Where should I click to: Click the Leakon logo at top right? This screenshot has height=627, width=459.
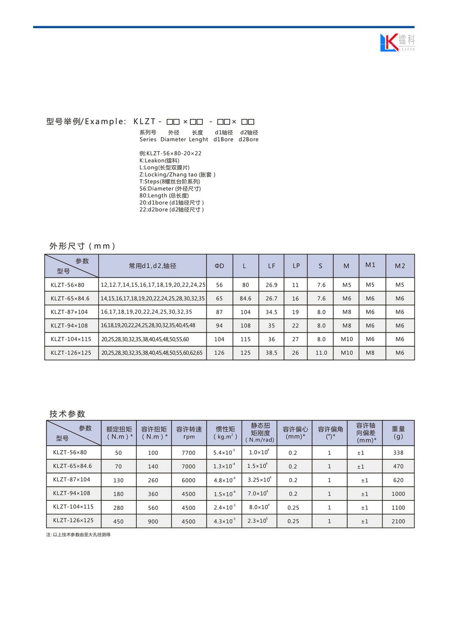pyautogui.click(x=397, y=43)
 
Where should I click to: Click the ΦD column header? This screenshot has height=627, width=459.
pyautogui.click(x=219, y=266)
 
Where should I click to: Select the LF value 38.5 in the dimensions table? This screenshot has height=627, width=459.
pyautogui.click(x=271, y=353)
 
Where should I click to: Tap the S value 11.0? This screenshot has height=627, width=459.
pyautogui.click(x=321, y=353)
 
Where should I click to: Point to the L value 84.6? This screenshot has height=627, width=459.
pyautogui.click(x=245, y=298)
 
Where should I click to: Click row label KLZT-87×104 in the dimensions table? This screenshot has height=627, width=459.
pyautogui.click(x=69, y=312)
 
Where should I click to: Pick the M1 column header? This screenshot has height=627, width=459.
pyautogui.click(x=370, y=265)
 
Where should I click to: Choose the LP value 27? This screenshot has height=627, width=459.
pyautogui.click(x=295, y=339)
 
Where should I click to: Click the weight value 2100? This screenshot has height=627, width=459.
pyautogui.click(x=398, y=521)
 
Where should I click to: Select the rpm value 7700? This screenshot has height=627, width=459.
pyautogui.click(x=188, y=453)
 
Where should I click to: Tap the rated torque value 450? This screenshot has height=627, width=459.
pyautogui.click(x=118, y=521)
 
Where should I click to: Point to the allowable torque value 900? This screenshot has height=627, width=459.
pyautogui.click(x=153, y=521)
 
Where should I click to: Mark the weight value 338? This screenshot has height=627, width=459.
pyautogui.click(x=398, y=453)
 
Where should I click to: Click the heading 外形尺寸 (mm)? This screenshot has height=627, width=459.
pyautogui.click(x=82, y=246)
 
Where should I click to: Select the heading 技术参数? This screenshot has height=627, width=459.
pyautogui.click(x=67, y=414)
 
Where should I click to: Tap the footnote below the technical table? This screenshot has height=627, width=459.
pyautogui.click(x=78, y=535)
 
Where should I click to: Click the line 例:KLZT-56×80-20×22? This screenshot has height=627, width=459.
pyautogui.click(x=170, y=153)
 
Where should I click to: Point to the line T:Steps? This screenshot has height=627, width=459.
pyautogui.click(x=170, y=182)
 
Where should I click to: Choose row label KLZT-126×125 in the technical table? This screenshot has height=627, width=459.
pyautogui.click(x=73, y=520)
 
